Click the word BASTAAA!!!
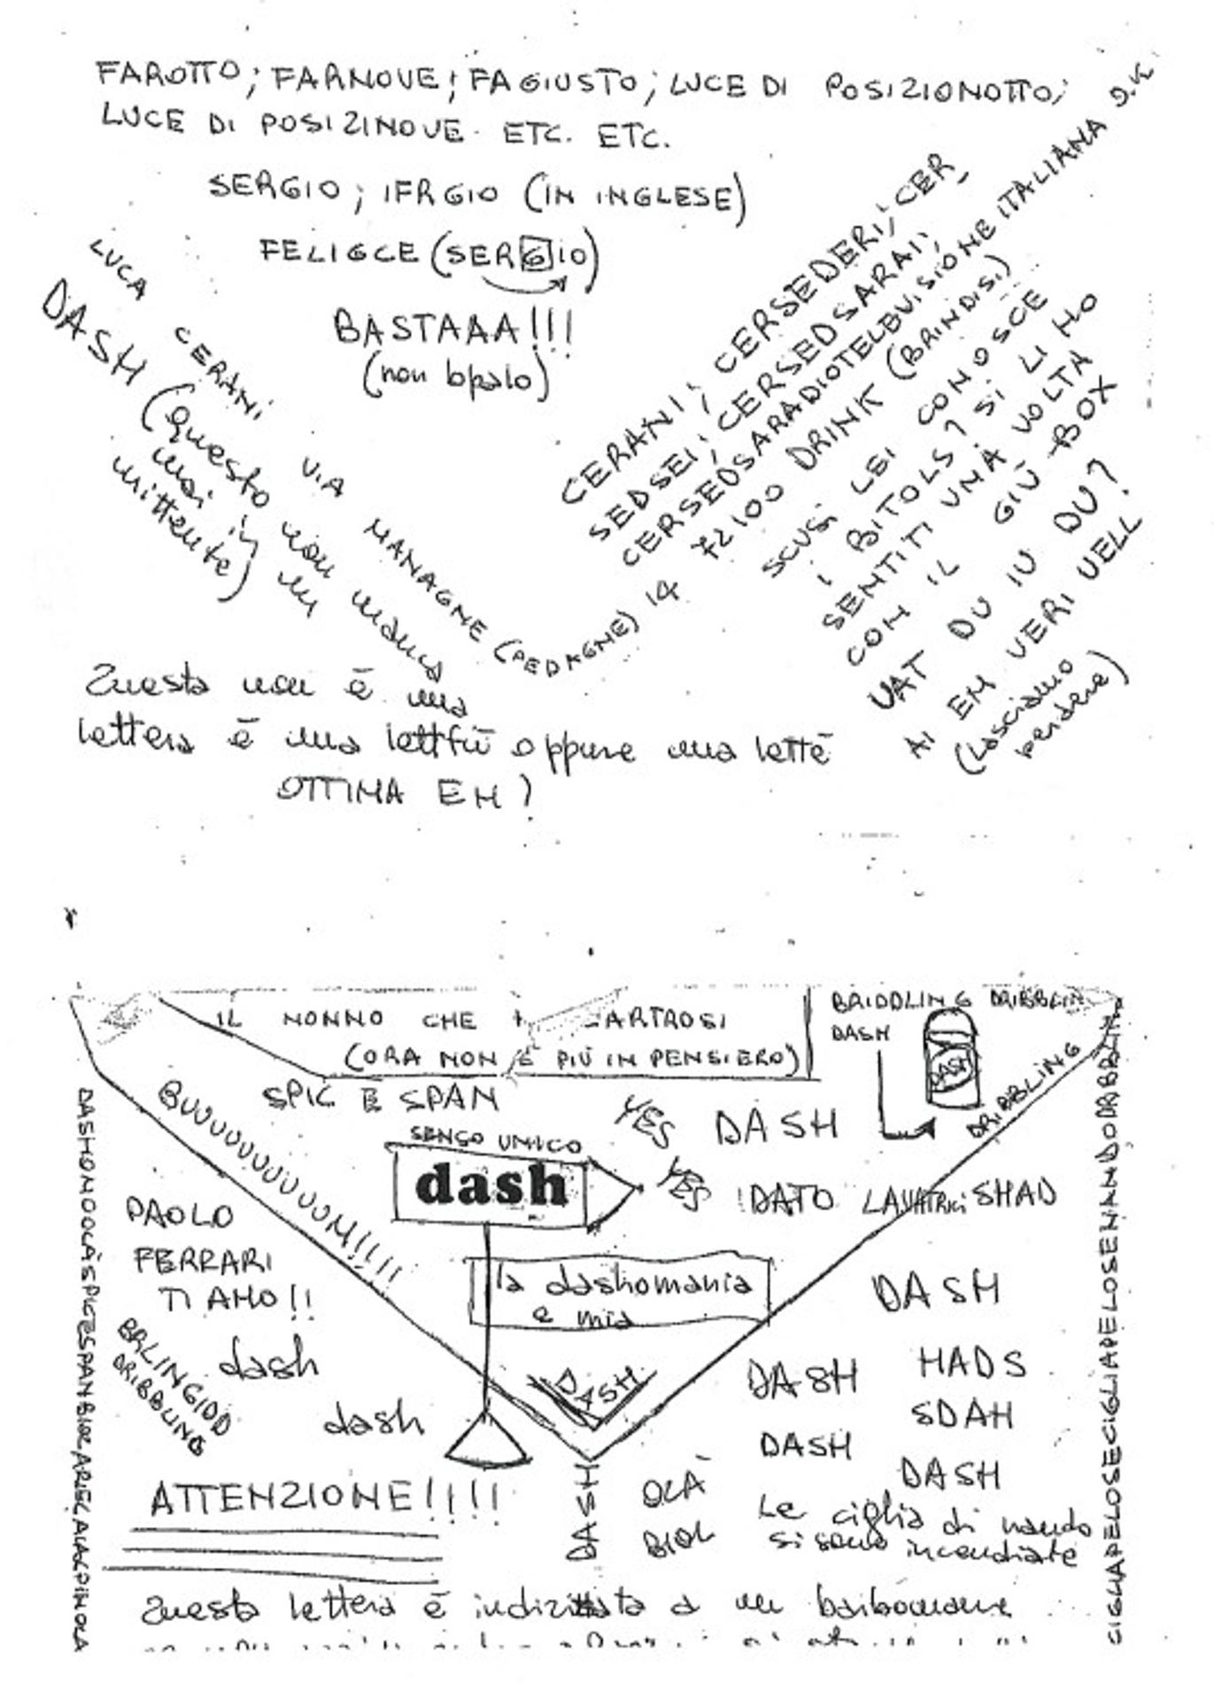pos(452,329)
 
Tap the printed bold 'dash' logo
pos(491,1185)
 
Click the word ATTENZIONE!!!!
pos(324,1499)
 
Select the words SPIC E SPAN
pos(381,1099)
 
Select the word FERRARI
pos(203,1260)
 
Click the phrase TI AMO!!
pos(234,1300)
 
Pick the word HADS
pos(970,1363)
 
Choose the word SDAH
pos(961,1415)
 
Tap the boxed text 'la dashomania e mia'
pos(619,1294)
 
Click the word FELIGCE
pos(338,251)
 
